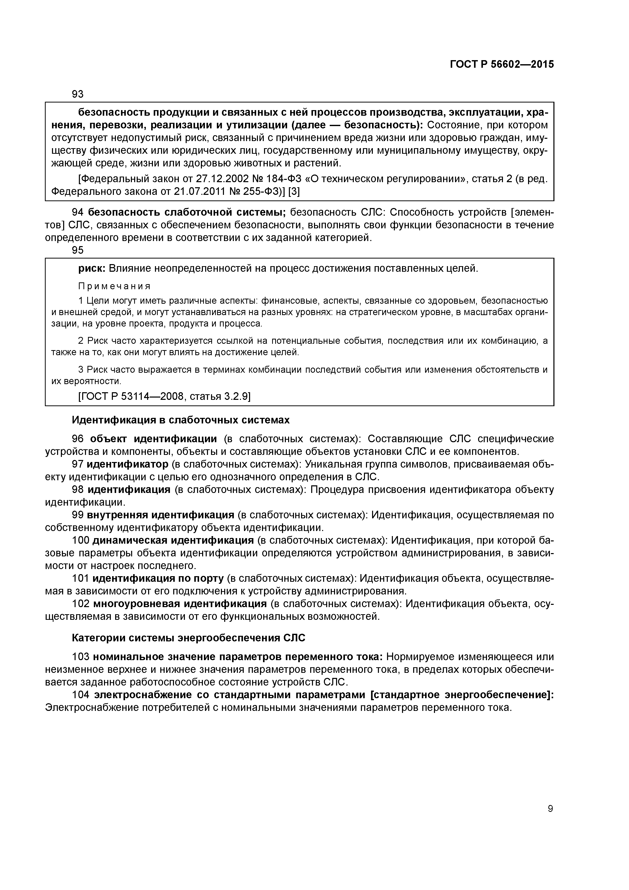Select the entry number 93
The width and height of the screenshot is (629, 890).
tap(78, 94)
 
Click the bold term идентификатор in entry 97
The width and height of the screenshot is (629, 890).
tap(128, 464)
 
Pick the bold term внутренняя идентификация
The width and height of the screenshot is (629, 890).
tap(161, 515)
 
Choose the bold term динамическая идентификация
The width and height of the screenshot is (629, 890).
tap(173, 540)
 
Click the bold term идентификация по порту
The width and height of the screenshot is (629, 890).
tap(158, 578)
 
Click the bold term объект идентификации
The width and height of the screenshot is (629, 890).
tap(153, 439)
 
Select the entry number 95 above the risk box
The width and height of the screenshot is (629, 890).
tap(78, 250)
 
